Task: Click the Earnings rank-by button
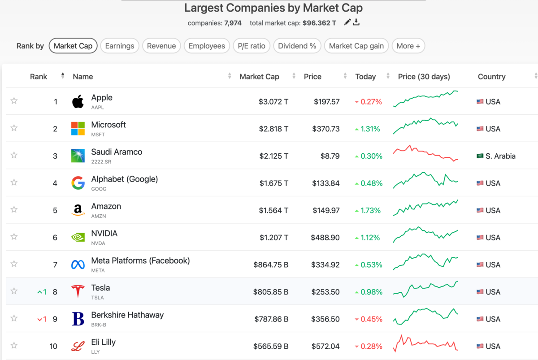click(120, 46)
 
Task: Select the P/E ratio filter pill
click(252, 46)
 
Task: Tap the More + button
click(408, 46)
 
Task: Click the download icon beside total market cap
click(356, 22)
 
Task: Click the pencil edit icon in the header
click(347, 22)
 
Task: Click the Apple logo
click(78, 102)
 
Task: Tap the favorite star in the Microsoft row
click(14, 128)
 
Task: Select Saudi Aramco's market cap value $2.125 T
click(273, 156)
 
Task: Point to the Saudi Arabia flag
click(480, 156)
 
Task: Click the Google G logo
click(78, 183)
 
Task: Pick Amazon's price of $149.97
click(326, 210)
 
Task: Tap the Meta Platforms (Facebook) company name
click(140, 260)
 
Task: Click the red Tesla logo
click(78, 291)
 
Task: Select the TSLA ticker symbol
click(98, 298)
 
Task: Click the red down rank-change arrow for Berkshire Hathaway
click(39, 319)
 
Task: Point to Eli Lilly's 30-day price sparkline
click(425, 344)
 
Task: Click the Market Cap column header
click(260, 77)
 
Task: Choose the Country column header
click(492, 77)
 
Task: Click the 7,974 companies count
click(233, 23)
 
